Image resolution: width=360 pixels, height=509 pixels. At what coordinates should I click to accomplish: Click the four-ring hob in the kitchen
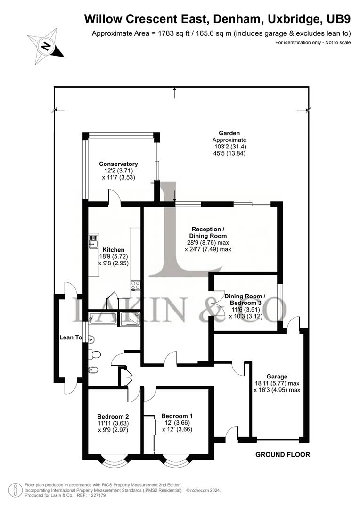(136, 285)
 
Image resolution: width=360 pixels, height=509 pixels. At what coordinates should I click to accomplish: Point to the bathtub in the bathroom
(104, 319)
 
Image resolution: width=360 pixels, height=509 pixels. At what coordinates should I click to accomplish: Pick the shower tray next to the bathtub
(130, 319)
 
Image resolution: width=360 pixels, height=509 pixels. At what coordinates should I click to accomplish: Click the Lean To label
(71, 337)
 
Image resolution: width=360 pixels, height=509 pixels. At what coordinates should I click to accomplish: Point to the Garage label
(277, 377)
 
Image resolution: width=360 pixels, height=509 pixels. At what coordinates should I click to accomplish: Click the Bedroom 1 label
(177, 416)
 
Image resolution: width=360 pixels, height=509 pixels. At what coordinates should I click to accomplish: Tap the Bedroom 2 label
(113, 417)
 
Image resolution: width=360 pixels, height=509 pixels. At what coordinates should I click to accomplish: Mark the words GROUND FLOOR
(283, 455)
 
